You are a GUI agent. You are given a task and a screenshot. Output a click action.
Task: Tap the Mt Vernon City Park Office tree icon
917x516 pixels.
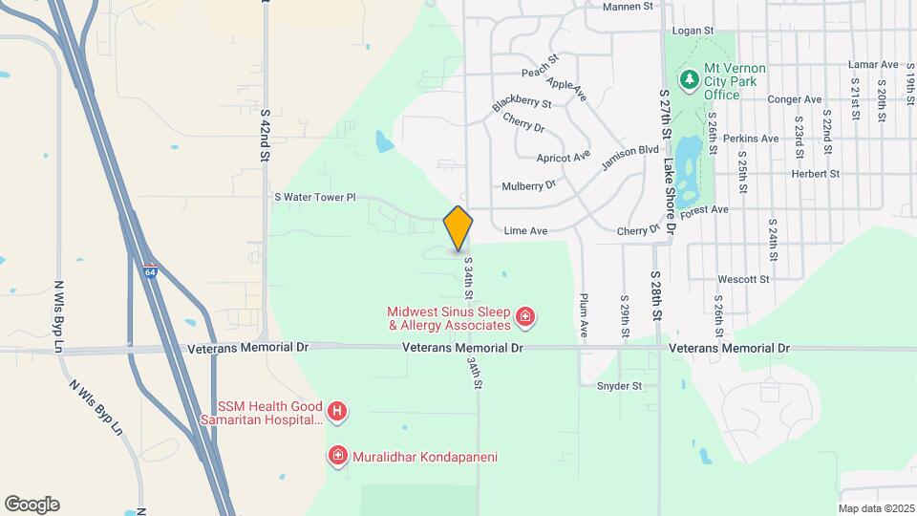[x=687, y=75]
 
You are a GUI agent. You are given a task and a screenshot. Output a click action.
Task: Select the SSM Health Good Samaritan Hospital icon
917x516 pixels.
[x=336, y=413]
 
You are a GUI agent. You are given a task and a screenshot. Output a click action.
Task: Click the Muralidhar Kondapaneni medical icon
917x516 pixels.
[x=336, y=457]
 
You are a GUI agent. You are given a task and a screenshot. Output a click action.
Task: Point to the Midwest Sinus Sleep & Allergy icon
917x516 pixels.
[x=524, y=316]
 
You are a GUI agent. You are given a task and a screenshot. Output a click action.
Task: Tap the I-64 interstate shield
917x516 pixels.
[x=150, y=271]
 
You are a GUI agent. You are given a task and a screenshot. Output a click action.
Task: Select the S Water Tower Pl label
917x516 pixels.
[x=314, y=198]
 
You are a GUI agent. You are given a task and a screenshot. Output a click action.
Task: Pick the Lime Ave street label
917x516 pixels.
[x=524, y=231]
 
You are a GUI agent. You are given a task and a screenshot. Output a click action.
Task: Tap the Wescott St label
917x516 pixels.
[x=743, y=279]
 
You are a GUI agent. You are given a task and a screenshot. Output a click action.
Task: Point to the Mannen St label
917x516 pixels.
[x=628, y=6]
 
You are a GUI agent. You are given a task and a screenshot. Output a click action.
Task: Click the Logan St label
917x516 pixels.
[x=693, y=31]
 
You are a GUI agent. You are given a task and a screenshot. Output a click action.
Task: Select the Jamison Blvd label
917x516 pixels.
[x=629, y=158]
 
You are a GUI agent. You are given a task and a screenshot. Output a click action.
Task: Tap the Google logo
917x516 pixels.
[x=32, y=504]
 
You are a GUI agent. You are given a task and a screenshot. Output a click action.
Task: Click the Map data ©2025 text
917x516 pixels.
[x=875, y=507]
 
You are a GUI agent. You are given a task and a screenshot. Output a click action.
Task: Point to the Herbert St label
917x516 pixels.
[x=815, y=174]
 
